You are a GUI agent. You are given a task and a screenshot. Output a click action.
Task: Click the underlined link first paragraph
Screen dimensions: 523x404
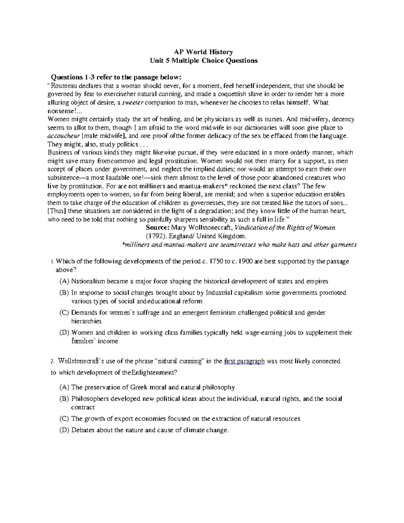point(244,361)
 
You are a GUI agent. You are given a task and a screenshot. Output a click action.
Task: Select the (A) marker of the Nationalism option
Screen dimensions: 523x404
point(64,281)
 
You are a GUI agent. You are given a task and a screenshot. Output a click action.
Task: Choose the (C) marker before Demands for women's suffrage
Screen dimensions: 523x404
point(64,313)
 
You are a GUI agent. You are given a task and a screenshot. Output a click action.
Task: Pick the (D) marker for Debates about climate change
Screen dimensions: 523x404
point(64,430)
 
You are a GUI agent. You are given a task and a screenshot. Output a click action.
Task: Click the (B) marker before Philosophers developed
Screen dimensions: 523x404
point(64,399)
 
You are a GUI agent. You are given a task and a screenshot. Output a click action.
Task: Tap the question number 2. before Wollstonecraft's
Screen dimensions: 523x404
point(52,362)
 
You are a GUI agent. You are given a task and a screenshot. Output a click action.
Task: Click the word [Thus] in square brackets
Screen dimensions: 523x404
point(58,211)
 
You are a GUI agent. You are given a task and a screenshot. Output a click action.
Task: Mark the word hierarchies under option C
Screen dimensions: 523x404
point(86,321)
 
